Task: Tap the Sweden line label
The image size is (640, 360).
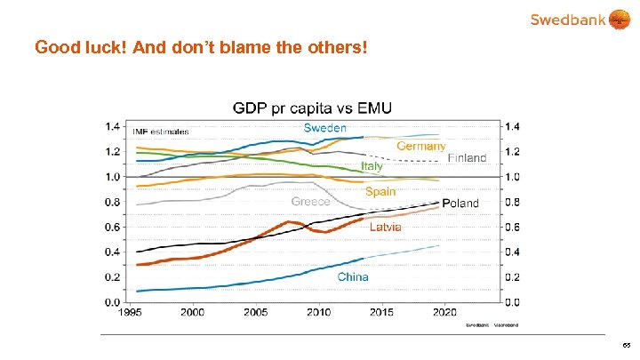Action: (x=325, y=128)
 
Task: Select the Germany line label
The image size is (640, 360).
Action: (x=420, y=146)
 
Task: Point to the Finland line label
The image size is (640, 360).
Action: (x=467, y=158)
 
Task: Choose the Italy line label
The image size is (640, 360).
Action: (x=372, y=166)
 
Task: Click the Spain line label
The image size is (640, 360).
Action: (x=380, y=191)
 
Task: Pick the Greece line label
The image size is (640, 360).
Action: (x=310, y=202)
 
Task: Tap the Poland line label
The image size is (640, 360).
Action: (x=460, y=204)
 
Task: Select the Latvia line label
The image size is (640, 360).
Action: (x=386, y=228)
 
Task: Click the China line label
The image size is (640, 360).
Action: (x=353, y=276)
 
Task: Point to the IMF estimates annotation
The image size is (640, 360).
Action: (x=161, y=132)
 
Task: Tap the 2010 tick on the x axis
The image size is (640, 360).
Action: (x=318, y=313)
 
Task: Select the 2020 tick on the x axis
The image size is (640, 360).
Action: (x=444, y=313)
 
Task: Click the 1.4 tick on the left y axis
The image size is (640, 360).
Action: (x=113, y=126)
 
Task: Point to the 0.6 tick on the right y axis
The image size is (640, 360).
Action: (x=513, y=227)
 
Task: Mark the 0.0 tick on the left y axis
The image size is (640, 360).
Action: (x=113, y=302)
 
